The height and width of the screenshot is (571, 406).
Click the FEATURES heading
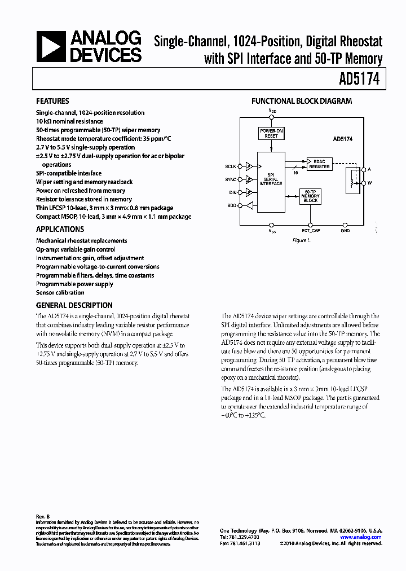[x=52, y=102]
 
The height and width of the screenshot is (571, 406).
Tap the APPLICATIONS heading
[x=60, y=229]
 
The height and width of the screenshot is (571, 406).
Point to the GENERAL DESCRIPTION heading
[x=74, y=305]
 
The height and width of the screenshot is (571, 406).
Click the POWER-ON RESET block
[x=271, y=133]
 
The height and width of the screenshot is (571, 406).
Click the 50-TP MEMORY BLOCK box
[x=311, y=196]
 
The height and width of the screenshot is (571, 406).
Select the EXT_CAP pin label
[x=311, y=230]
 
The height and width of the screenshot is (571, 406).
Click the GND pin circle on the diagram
[x=345, y=224]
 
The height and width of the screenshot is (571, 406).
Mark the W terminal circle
[x=364, y=183]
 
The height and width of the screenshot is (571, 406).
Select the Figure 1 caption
[x=301, y=240]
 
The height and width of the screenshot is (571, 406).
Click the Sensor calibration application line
[x=60, y=292]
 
